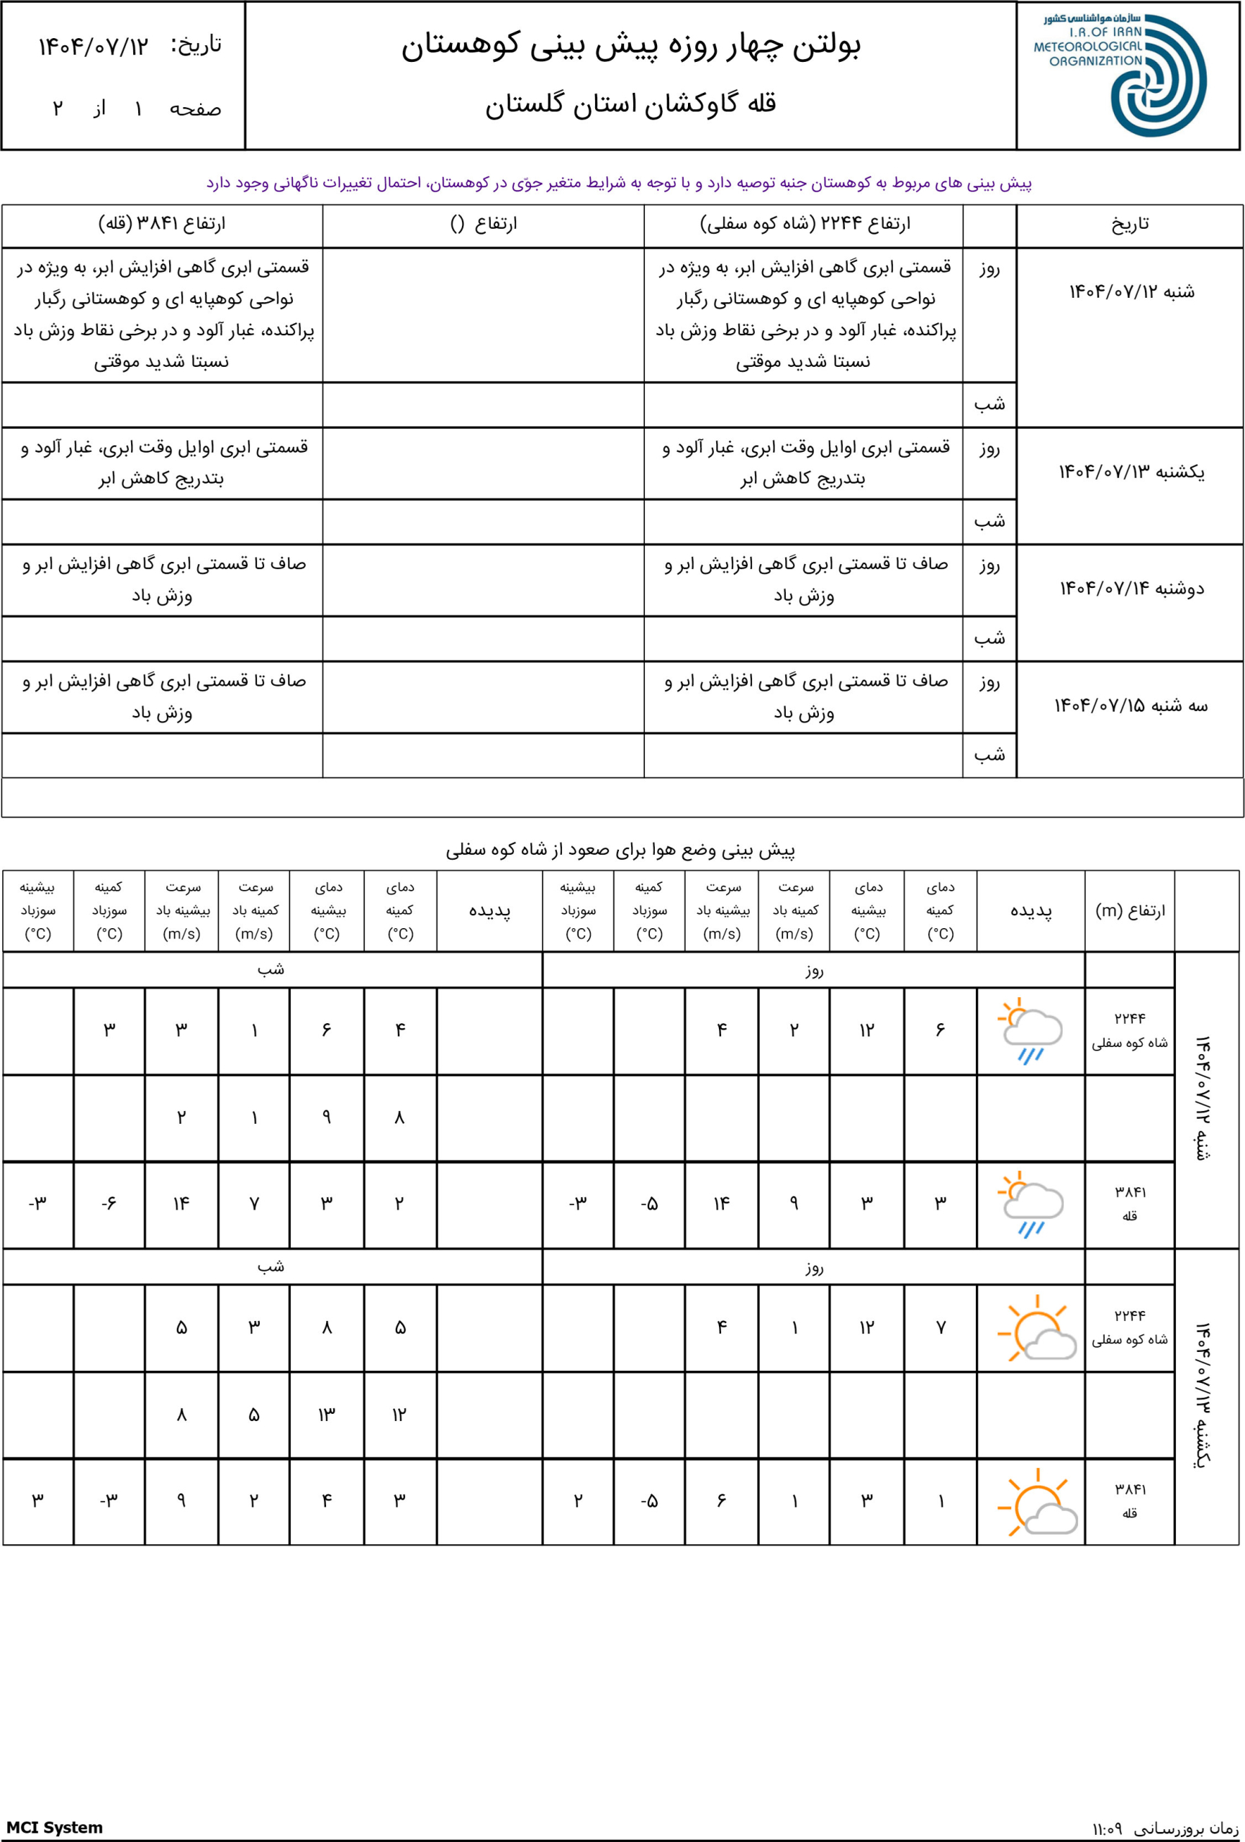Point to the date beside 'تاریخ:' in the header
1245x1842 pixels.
point(94,47)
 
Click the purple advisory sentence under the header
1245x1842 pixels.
point(619,183)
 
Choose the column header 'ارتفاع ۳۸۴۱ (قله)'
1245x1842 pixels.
point(162,224)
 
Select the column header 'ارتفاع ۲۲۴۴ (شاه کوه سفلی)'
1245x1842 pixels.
point(805,224)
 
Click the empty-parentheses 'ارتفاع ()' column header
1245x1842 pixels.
point(484,224)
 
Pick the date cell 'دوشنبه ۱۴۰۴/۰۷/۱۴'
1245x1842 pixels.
point(1131,589)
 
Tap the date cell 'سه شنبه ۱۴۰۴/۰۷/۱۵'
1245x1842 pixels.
point(1131,705)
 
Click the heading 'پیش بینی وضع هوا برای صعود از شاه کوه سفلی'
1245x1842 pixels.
point(620,850)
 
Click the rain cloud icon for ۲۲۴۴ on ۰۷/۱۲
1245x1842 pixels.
point(1031,1030)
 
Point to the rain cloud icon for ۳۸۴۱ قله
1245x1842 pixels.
point(1031,1204)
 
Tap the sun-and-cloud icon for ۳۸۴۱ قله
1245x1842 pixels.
point(1036,1501)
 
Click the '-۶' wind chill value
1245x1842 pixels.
point(109,1204)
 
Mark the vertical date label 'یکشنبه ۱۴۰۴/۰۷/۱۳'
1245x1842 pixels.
point(1203,1394)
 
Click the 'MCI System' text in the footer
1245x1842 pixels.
point(55,1827)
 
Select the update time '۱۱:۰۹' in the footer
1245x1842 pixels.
point(1107,1828)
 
